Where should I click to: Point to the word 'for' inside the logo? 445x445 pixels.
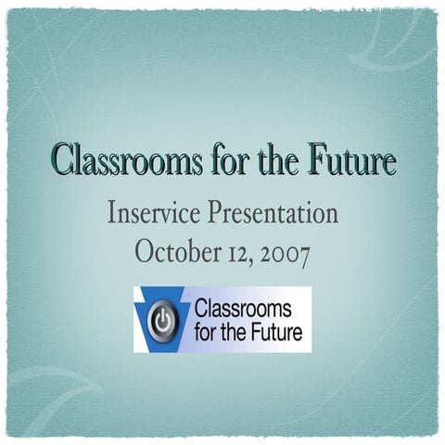coord(204,330)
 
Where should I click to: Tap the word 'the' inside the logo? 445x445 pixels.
coord(234,330)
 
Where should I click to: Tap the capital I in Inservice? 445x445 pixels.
coord(112,214)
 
